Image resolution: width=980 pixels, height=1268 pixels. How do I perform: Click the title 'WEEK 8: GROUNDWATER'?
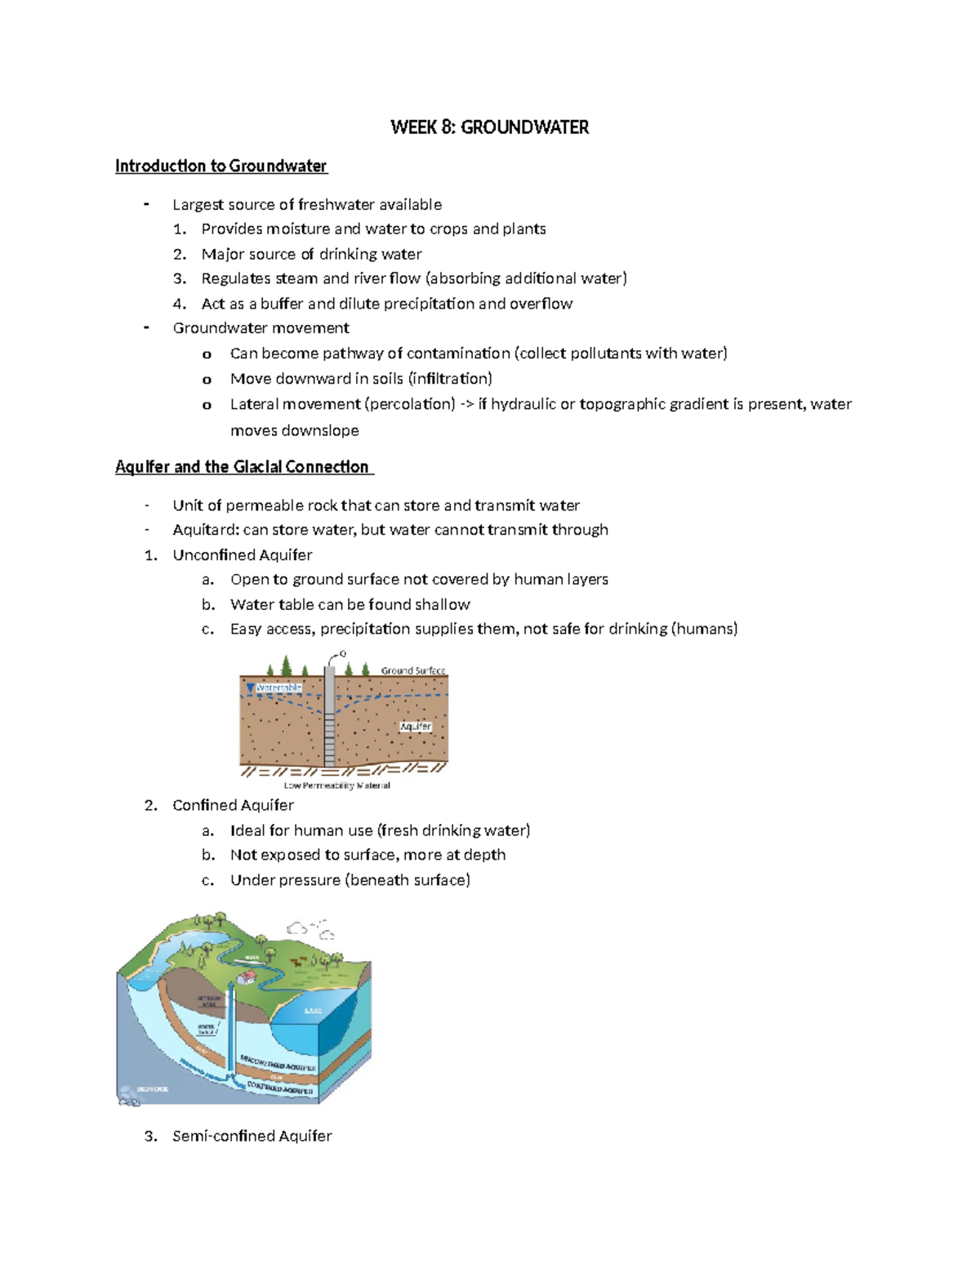[489, 127]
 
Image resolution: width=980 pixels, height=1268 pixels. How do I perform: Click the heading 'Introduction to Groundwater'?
[220, 167]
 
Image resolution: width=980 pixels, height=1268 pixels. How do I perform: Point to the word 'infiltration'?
[451, 379]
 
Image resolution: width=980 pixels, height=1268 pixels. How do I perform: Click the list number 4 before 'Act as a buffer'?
[180, 304]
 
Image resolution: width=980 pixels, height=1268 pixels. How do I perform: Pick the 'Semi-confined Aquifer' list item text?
[252, 1136]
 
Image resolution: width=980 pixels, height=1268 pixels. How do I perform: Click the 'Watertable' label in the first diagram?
[278, 687]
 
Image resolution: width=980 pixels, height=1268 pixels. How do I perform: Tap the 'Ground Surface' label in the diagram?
[413, 670]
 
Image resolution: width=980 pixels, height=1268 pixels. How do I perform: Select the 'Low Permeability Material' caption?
[336, 785]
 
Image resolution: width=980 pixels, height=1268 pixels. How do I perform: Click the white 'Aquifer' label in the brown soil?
[415, 727]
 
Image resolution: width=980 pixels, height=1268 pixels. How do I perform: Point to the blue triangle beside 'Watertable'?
[250, 688]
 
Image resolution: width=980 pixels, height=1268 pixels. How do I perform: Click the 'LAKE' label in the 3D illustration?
[313, 1011]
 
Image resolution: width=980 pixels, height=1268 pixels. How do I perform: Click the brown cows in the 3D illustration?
[299, 961]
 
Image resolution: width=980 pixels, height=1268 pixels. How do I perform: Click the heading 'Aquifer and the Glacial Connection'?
[243, 467]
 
